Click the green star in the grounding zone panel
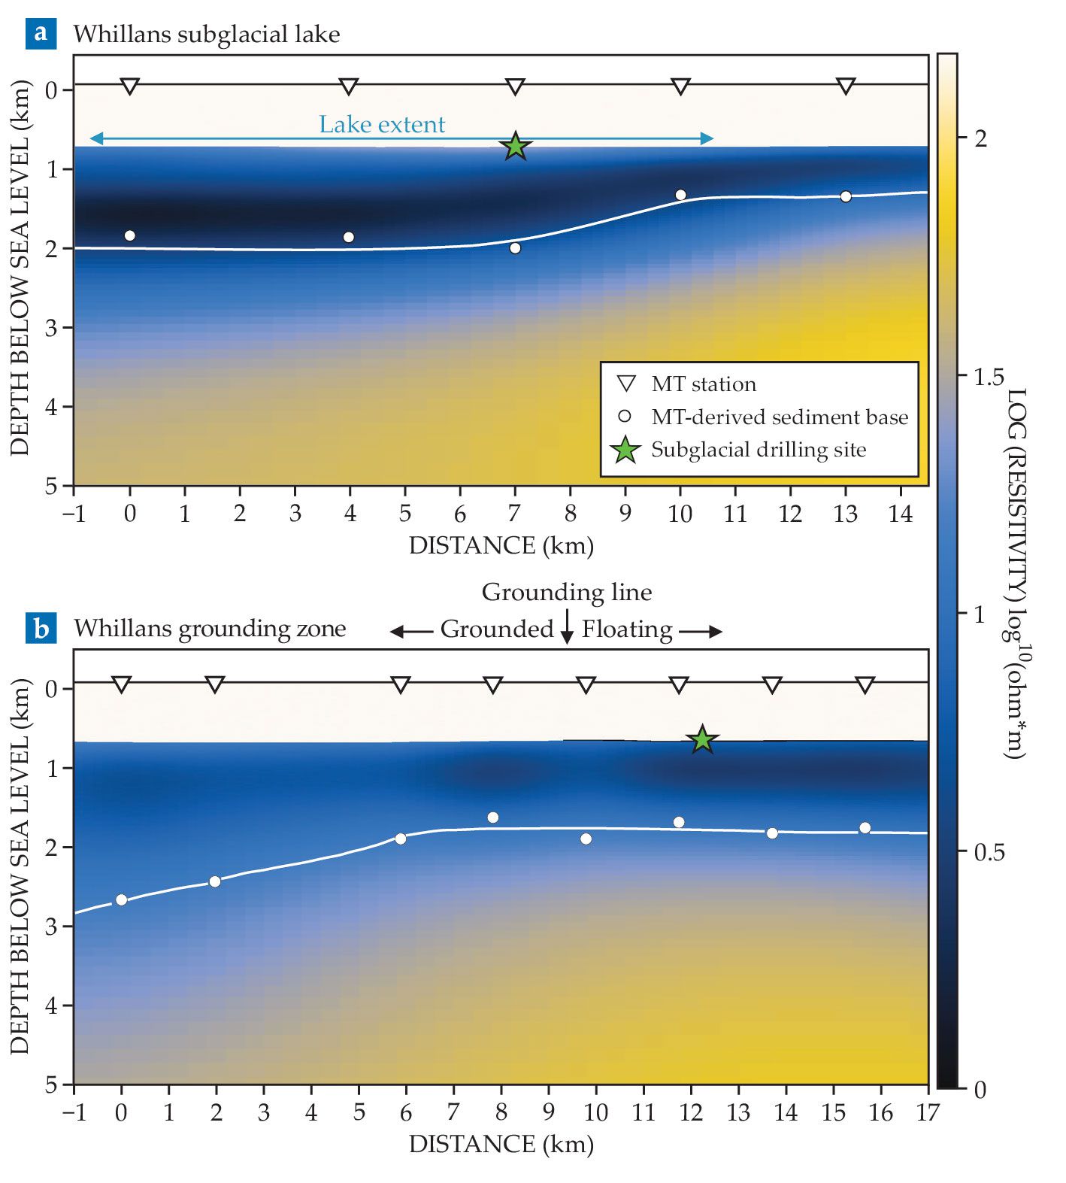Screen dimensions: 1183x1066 pyautogui.click(x=701, y=739)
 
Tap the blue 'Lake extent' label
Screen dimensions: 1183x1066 pyautogui.click(x=382, y=124)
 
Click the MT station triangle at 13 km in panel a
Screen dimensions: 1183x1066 pyautogui.click(x=846, y=86)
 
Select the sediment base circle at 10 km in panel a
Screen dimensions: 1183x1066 pyautogui.click(x=680, y=195)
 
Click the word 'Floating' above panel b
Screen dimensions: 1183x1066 pyautogui.click(x=627, y=629)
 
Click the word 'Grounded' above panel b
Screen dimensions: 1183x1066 pyautogui.click(x=497, y=629)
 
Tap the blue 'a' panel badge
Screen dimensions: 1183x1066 pyautogui.click(x=41, y=33)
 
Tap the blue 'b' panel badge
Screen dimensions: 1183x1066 pyautogui.click(x=41, y=628)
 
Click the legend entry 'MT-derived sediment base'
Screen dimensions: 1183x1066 pyautogui.click(x=780, y=417)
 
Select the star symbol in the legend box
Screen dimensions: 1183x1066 pyautogui.click(x=625, y=450)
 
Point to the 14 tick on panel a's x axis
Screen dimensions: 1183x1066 pyautogui.click(x=901, y=514)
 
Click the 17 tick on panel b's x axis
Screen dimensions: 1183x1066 pyautogui.click(x=928, y=1112)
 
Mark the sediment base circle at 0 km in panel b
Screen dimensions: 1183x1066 pyautogui.click(x=121, y=899)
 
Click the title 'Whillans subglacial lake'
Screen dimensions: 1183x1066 pyautogui.click(x=207, y=34)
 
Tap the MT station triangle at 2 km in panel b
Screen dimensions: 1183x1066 pyautogui.click(x=215, y=684)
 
